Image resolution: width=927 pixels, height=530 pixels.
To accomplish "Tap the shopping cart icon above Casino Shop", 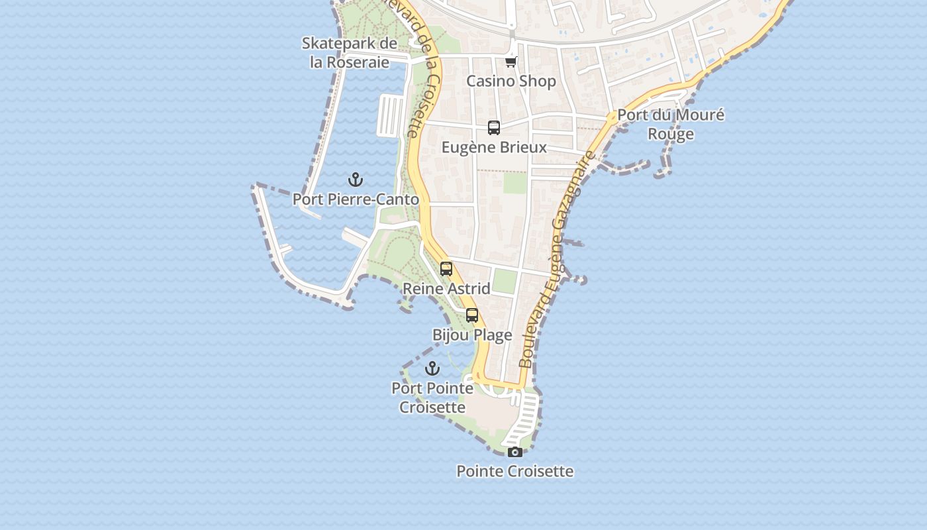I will (511, 62).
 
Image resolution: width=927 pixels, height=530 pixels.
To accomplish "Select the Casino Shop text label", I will (511, 81).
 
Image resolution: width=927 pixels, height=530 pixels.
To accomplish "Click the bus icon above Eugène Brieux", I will (494, 128).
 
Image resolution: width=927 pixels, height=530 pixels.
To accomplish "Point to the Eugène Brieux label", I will (494, 147).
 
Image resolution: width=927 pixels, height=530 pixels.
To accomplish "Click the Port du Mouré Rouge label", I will (671, 124).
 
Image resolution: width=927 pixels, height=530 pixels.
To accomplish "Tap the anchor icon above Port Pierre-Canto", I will (356, 180).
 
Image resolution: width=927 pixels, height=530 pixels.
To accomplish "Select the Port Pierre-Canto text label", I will (356, 199).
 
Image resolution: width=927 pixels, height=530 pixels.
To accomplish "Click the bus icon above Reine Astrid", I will (446, 269).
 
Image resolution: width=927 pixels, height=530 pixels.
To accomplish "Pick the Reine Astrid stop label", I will (446, 288).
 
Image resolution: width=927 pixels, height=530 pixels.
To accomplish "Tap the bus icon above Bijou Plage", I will (472, 315).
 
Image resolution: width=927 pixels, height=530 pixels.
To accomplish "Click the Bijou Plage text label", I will (472, 335).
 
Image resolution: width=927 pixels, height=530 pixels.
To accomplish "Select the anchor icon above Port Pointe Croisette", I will (432, 368).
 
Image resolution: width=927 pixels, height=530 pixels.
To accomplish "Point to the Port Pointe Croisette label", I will (432, 397).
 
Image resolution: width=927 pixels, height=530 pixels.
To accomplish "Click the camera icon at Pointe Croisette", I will (515, 452).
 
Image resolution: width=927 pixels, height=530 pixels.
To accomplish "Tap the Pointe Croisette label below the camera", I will (515, 471).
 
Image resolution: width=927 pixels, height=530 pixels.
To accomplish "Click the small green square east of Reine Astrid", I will (505, 282).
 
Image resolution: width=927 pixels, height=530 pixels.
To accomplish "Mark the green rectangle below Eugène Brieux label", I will (515, 183).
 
